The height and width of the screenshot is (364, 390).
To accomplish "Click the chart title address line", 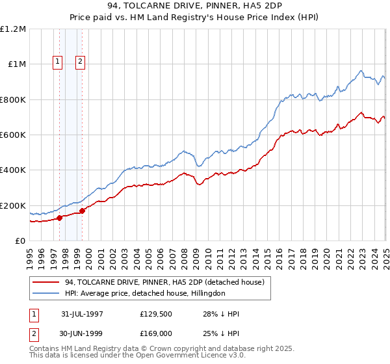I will pos(194,5).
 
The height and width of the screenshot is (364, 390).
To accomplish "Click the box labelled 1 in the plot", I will pos(58,62).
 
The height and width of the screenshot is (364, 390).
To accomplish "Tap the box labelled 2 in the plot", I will pos(80,62).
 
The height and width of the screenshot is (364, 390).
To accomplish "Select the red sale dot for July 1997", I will pos(59,218).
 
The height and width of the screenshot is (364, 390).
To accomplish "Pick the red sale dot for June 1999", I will pos(83,211).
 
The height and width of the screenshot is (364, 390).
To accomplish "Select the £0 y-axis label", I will pos(21,240).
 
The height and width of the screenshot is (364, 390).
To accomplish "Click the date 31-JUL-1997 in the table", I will pos(82,314).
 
